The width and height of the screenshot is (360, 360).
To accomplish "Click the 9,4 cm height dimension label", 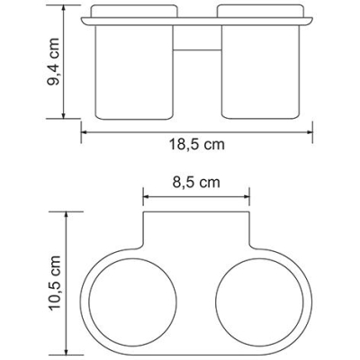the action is click(x=54, y=62).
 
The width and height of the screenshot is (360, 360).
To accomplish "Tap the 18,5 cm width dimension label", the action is click(x=197, y=144).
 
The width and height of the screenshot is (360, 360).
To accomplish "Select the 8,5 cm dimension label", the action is click(x=196, y=182).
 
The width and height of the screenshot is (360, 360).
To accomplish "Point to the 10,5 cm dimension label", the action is click(x=55, y=283).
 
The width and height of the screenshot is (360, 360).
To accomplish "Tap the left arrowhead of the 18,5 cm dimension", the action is click(x=85, y=132).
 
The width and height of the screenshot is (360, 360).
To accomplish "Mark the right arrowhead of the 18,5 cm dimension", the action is click(x=309, y=132).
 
